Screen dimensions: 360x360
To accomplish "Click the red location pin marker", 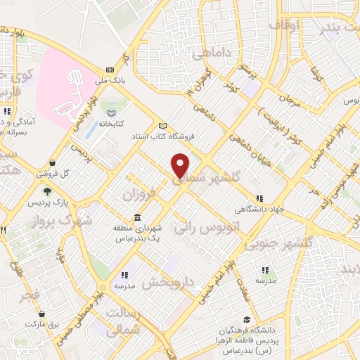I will (x=181, y=165).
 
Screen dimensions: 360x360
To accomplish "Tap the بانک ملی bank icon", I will (x=110, y=70).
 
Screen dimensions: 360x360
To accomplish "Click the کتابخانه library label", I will (x=110, y=123).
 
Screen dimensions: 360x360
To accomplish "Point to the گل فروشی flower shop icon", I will (x=53, y=163).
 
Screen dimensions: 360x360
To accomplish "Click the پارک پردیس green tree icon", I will (x=47, y=191).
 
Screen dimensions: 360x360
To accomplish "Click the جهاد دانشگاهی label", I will (x=259, y=209).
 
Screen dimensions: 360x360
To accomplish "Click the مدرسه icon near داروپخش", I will (x=124, y=275).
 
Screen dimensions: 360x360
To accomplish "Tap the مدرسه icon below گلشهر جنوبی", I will (x=265, y=270).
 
